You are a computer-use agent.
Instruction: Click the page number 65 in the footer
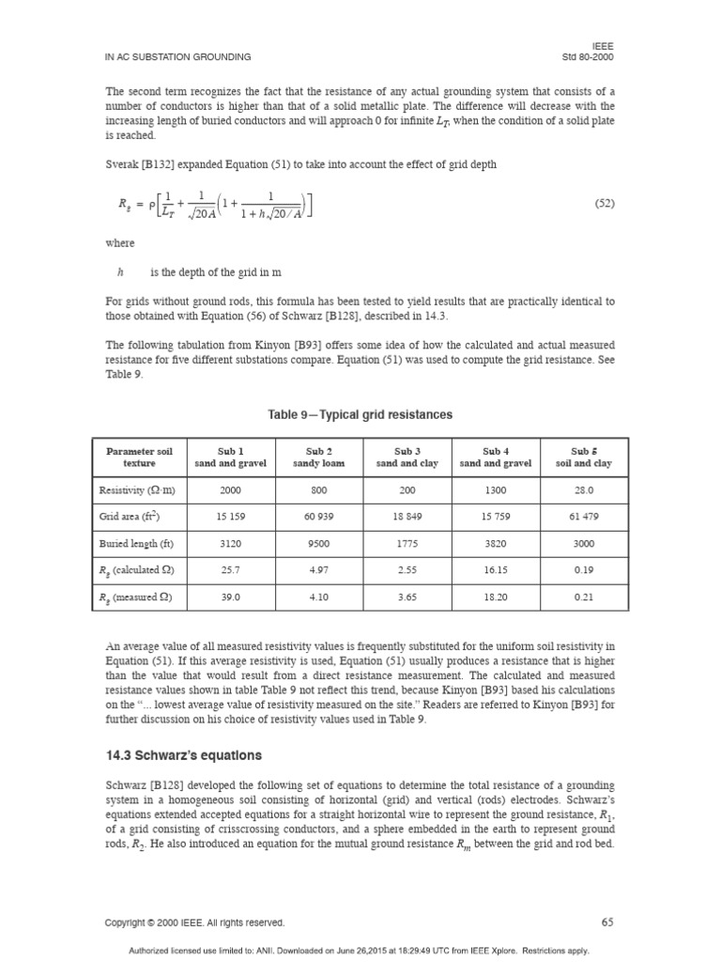click(606, 922)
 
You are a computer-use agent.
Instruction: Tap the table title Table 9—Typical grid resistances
click(360, 414)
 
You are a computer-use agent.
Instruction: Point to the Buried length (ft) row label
click(136, 543)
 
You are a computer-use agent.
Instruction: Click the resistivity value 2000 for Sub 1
click(230, 489)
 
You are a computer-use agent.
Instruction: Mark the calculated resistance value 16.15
click(495, 569)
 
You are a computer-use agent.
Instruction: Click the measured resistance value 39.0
click(230, 597)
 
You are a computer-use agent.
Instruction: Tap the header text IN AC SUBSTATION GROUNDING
click(177, 56)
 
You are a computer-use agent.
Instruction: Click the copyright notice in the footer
click(194, 923)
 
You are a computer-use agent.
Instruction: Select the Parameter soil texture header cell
click(139, 457)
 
